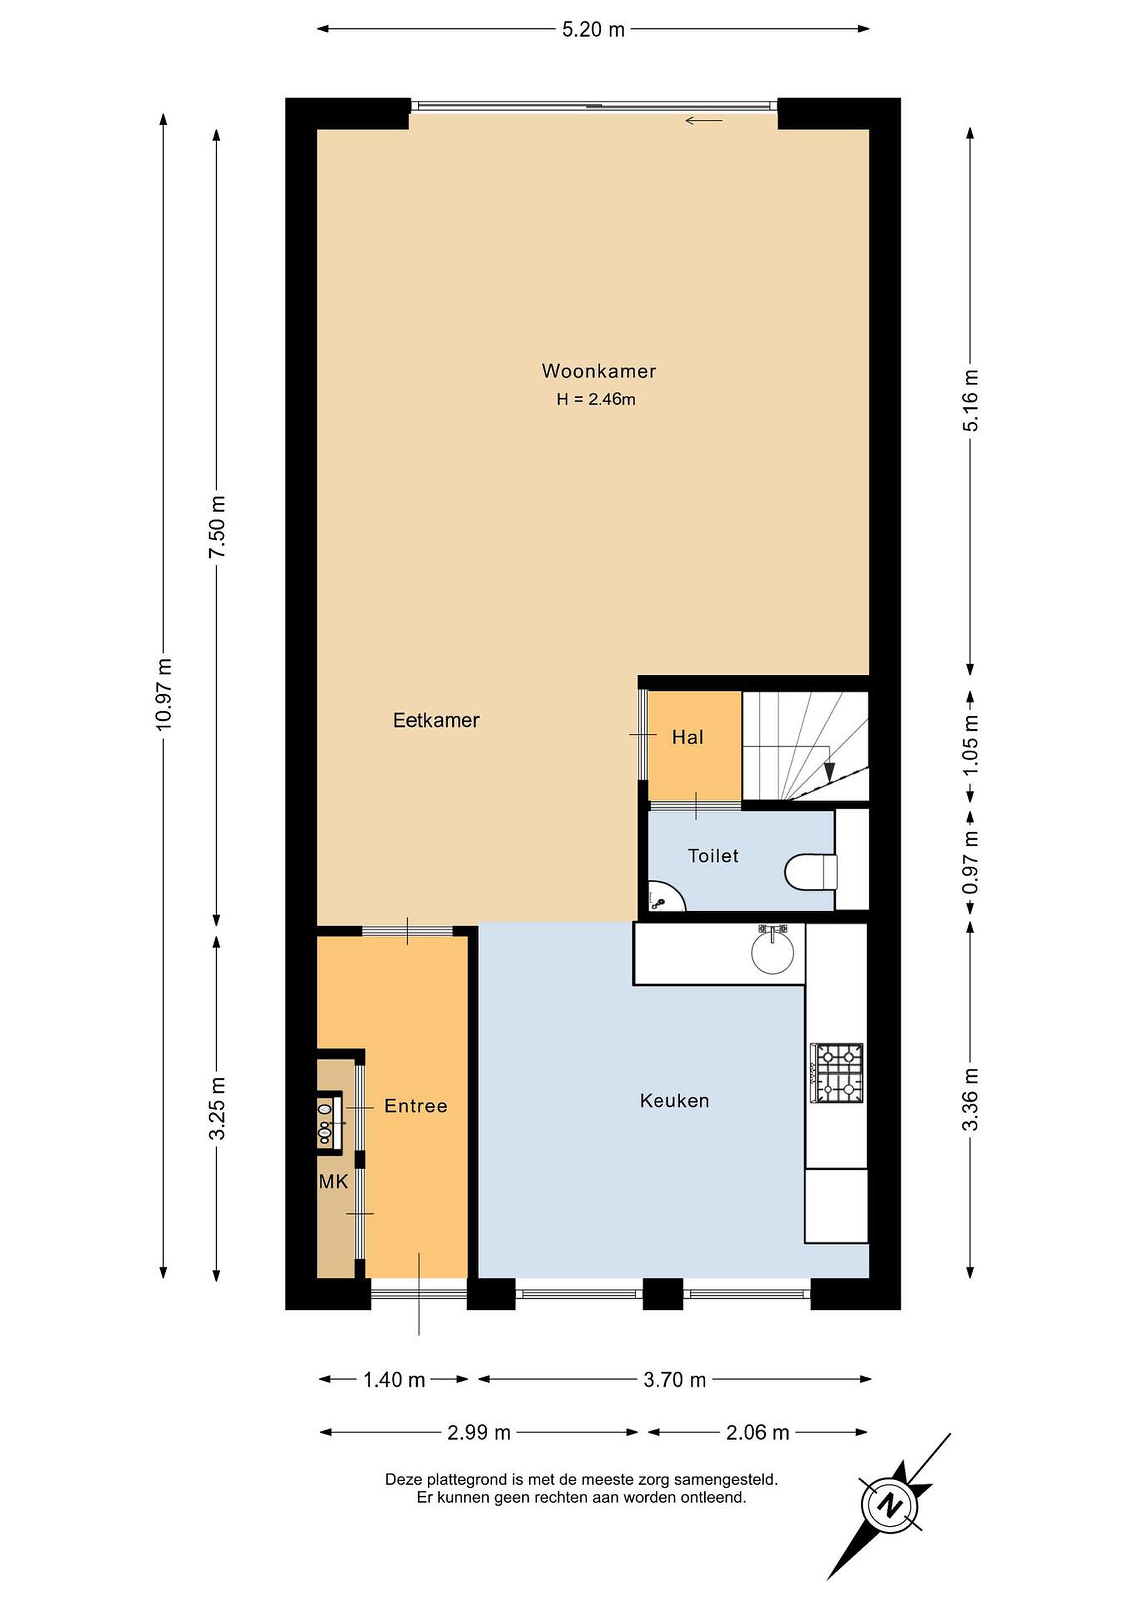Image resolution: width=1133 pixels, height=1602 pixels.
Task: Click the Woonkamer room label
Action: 598,370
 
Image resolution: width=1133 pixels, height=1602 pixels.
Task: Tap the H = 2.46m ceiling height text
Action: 596,399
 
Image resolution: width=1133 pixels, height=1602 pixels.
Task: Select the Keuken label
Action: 675,1100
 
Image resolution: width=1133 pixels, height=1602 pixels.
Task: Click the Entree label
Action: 416,1105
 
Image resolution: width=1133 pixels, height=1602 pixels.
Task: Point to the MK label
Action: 334,1181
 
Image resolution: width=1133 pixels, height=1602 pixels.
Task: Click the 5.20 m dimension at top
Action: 593,29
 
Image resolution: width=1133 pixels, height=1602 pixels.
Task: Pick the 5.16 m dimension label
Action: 971,400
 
